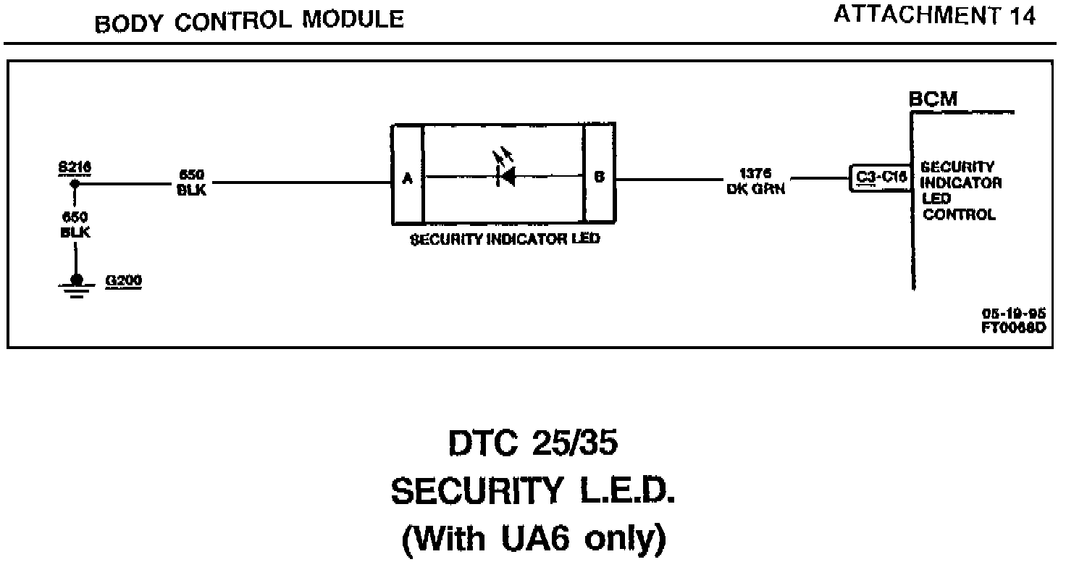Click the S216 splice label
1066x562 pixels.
tap(75, 167)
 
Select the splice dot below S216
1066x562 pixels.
tap(75, 184)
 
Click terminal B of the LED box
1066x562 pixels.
tap(599, 176)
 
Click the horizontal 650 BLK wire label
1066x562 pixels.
tap(191, 183)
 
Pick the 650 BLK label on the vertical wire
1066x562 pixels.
tap(75, 225)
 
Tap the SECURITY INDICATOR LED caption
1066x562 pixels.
tap(505, 240)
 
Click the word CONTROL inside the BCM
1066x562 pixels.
tap(959, 215)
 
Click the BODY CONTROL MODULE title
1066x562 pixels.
tap(249, 21)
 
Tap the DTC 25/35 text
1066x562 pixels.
tap(533, 444)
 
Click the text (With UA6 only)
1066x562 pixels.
tap(533, 538)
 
